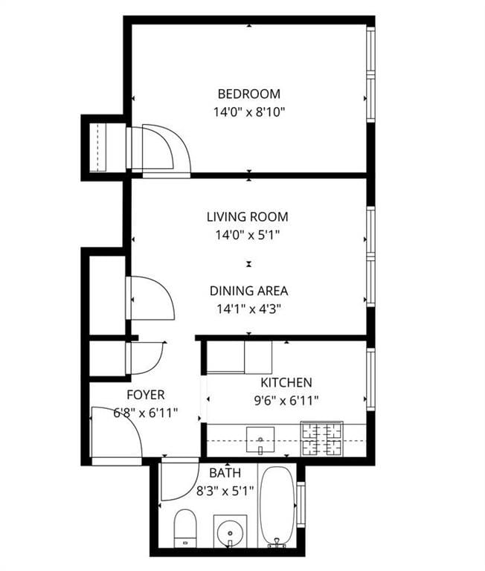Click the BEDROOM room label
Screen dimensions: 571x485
point(248,94)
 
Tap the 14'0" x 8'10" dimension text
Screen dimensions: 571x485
point(248,112)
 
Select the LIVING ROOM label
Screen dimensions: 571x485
point(248,217)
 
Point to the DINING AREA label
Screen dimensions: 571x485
point(248,291)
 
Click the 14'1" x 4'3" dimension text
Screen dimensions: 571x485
point(248,309)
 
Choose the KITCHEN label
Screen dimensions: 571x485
point(286,383)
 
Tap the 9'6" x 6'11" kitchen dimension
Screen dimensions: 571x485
point(286,401)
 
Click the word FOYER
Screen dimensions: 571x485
point(145,395)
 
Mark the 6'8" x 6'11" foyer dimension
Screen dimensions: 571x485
point(145,413)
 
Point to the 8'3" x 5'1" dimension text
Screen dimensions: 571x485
point(225,490)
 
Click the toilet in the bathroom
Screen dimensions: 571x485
point(184,528)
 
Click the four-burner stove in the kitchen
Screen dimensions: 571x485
point(321,439)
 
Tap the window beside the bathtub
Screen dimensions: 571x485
point(301,505)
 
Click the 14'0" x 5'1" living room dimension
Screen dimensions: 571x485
point(248,235)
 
